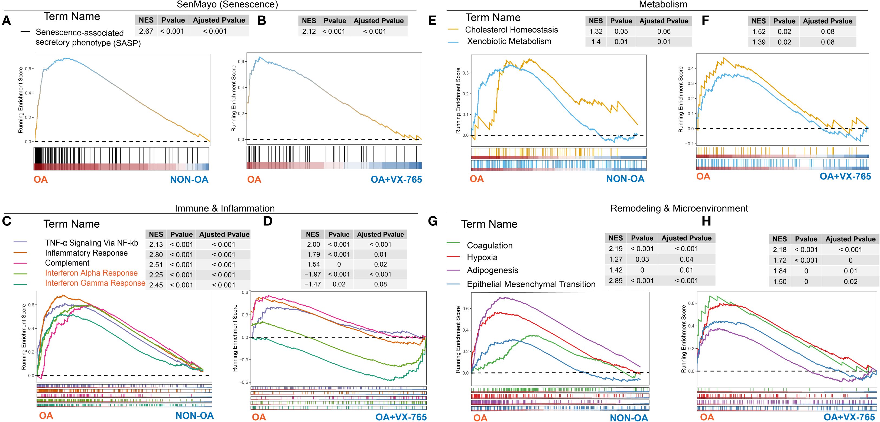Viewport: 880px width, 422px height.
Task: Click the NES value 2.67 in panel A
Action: [146, 31]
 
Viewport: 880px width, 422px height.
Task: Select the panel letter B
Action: [262, 21]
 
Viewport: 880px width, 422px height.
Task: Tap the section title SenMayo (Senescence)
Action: [227, 4]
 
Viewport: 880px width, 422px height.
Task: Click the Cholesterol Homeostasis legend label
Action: [511, 30]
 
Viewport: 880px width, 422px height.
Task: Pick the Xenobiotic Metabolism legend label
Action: [509, 41]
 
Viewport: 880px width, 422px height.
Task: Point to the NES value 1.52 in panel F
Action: [758, 32]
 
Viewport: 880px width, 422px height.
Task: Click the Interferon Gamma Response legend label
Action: [95, 283]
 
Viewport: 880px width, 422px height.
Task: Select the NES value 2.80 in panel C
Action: [156, 255]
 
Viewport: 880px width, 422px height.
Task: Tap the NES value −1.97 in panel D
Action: [313, 274]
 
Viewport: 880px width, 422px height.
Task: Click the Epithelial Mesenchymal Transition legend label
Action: [531, 284]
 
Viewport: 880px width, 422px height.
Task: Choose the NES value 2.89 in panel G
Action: [616, 281]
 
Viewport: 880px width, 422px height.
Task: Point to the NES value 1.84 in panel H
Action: [780, 271]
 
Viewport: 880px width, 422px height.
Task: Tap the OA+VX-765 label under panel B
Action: [396, 179]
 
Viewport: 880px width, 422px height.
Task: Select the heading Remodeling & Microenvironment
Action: [679, 208]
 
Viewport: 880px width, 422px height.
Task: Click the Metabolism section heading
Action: [663, 4]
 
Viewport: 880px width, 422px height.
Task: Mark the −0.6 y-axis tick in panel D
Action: [245, 382]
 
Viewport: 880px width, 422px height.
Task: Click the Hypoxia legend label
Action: [482, 257]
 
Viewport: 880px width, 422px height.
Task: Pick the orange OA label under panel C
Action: [46, 416]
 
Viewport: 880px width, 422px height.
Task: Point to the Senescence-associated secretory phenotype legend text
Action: [88, 38]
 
